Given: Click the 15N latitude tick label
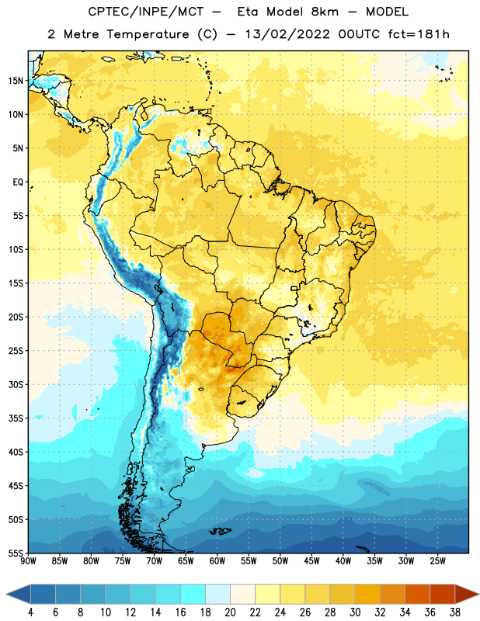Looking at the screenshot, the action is click(16, 81).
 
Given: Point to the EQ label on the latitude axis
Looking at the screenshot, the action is click(18, 182).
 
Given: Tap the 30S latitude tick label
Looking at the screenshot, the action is click(16, 384).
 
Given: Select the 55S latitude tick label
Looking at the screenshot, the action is click(16, 553).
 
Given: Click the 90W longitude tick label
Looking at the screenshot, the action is click(28, 561).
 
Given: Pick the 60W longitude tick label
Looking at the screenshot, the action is click(217, 561).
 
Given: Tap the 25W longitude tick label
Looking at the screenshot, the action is click(437, 561).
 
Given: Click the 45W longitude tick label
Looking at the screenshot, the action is click(311, 561).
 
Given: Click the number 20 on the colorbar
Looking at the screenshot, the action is click(230, 612).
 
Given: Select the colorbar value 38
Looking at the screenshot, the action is click(454, 612).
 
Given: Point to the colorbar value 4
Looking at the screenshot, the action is click(30, 612).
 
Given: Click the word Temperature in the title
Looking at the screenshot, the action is click(148, 34).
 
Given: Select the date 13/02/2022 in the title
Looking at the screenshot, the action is click(287, 34).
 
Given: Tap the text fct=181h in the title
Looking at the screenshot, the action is click(419, 34).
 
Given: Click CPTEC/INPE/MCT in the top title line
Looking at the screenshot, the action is click(146, 12).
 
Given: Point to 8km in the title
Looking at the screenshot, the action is click(325, 12).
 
